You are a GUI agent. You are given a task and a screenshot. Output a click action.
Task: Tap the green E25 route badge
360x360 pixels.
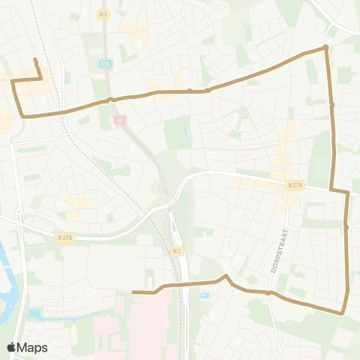point(105,64)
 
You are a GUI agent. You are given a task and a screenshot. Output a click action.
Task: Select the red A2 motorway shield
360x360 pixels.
point(119,119)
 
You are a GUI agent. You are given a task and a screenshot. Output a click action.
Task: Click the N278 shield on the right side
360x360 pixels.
point(295,184)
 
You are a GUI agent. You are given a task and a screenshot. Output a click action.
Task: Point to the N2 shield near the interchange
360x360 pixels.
point(176,250)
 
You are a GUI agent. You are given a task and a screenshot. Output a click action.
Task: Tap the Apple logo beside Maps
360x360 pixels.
point(12,347)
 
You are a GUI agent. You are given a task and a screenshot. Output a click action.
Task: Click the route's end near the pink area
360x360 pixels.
point(133,292)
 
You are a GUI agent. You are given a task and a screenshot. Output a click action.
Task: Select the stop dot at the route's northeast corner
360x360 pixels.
point(325,48)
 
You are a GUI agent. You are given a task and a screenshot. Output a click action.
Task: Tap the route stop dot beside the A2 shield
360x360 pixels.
point(110,100)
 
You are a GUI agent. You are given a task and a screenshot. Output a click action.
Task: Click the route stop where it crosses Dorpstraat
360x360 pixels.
point(268,293)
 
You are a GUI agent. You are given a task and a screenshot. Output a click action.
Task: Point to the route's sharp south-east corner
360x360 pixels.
point(343,312)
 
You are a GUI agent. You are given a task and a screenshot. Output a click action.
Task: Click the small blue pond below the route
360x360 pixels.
point(204,295)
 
